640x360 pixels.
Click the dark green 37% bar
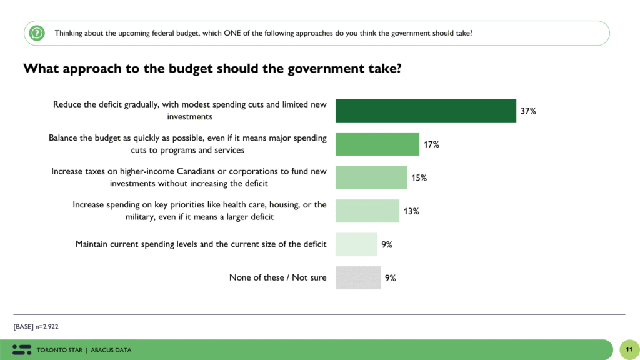pos(426,111)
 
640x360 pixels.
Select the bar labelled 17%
pos(377,144)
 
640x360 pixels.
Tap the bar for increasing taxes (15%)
pos(371,177)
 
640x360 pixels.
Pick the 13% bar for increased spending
pos(367,211)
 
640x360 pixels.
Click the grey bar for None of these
pos(357,277)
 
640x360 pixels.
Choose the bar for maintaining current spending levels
pos(356,244)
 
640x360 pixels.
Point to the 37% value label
pos(528,111)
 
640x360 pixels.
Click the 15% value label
pos(419,178)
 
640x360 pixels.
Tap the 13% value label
pos(411,211)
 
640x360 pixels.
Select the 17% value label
pos(431,144)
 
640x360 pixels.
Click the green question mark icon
pos(37,33)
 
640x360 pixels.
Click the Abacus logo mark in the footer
pos(22,349)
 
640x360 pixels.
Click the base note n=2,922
pos(36,326)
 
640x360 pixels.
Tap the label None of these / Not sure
pos(277,277)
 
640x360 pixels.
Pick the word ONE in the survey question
pos(239,33)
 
